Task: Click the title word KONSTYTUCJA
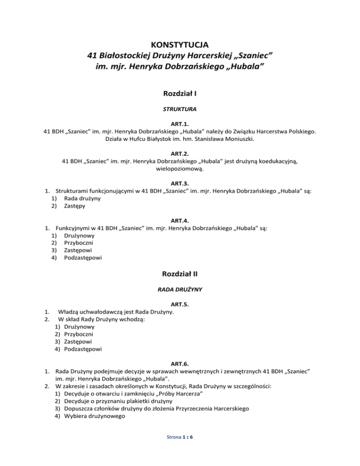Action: coord(180,45)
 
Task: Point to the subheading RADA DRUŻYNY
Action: coord(180,290)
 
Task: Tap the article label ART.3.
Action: coord(180,182)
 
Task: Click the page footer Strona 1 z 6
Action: coord(180,450)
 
